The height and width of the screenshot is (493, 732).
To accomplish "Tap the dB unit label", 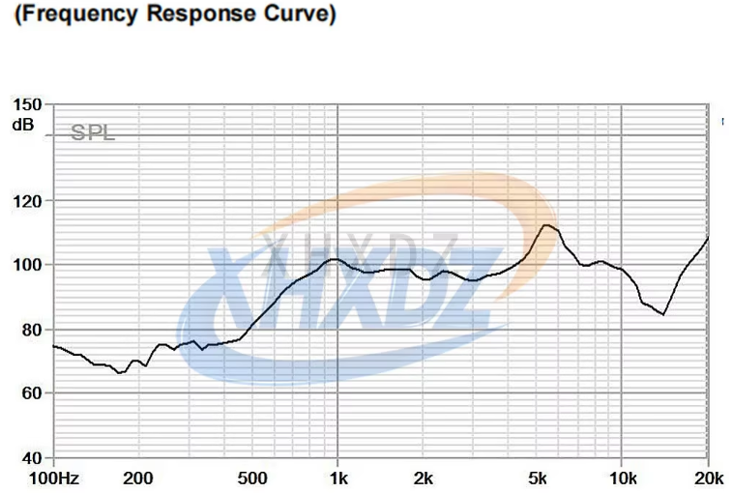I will pyautogui.click(x=22, y=124).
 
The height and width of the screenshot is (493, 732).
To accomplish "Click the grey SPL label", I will pyautogui.click(x=93, y=133).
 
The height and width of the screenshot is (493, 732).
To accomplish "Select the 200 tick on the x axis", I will pyautogui.click(x=138, y=478).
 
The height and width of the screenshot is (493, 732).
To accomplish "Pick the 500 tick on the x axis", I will pyautogui.click(x=251, y=478).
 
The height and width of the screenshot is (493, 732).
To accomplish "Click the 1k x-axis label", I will pyautogui.click(x=337, y=478).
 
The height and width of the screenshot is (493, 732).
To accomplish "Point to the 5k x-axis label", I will pyautogui.click(x=537, y=478).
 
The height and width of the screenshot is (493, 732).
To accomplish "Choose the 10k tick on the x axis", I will pyautogui.click(x=622, y=478).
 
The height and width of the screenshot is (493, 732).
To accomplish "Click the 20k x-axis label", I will pyautogui.click(x=708, y=478).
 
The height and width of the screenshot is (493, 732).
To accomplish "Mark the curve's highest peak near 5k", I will pyautogui.click(x=546, y=225).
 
